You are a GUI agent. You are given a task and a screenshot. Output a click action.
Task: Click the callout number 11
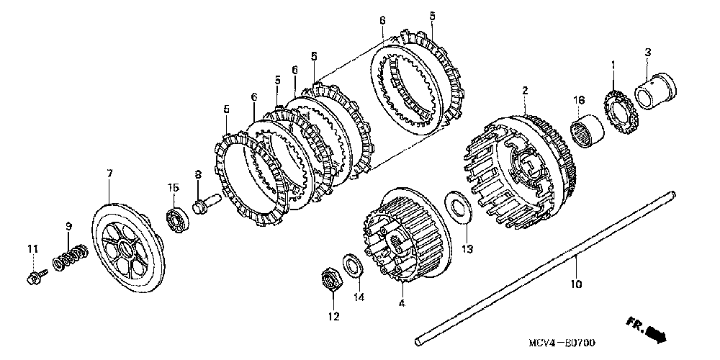tap(32, 249)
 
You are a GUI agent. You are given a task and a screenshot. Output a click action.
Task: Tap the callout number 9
tap(69, 226)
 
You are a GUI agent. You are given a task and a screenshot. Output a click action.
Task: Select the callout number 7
tap(109, 174)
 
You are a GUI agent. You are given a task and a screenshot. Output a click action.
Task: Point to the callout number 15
tap(172, 187)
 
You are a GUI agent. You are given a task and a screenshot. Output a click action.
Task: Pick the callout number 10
tap(575, 284)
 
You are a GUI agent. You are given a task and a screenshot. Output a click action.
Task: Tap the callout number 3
tap(648, 52)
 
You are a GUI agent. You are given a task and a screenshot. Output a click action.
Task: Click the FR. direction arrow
tap(647, 330)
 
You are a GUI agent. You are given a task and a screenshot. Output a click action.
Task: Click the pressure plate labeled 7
tap(125, 253)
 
